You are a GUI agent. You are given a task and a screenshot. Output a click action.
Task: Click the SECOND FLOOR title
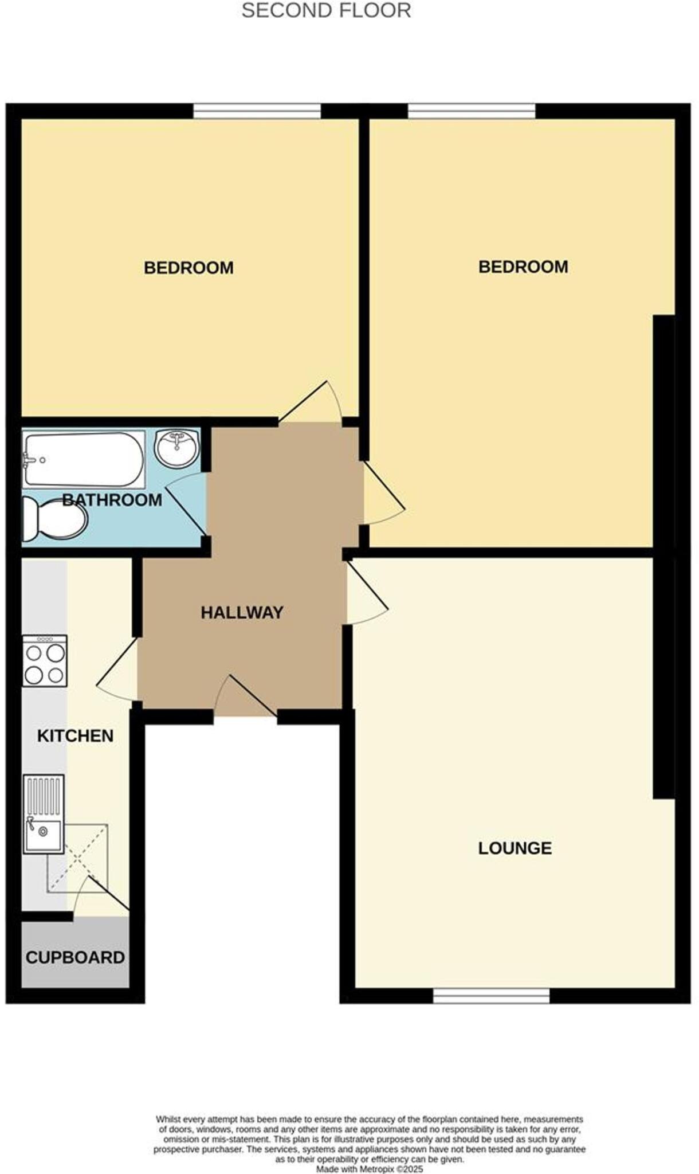click(x=326, y=10)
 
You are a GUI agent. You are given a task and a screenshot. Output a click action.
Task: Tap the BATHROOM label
click(x=112, y=500)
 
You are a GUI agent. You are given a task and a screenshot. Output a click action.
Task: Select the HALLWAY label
click(x=242, y=612)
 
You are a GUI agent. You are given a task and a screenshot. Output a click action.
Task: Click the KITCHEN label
click(x=75, y=735)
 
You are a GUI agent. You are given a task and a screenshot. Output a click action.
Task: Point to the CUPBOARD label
click(x=75, y=957)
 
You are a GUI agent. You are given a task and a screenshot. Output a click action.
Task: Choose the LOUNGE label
click(x=515, y=848)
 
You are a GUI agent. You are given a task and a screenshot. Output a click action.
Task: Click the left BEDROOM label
click(x=189, y=268)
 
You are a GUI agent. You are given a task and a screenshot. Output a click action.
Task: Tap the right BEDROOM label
click(x=523, y=267)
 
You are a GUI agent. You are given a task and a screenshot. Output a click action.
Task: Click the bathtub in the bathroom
click(x=83, y=459)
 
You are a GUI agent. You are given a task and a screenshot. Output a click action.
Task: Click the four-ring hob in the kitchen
click(x=45, y=660)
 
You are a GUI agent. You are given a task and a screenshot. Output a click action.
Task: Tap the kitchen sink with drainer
click(x=44, y=813)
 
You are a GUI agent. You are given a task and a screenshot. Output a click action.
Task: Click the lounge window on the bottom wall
click(x=491, y=996)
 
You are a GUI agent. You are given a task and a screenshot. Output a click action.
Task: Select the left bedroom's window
click(x=257, y=111)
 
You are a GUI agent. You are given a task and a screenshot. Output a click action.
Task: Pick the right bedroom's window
click(x=472, y=111)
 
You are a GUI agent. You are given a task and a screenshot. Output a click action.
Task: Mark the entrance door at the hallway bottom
click(x=246, y=696)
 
